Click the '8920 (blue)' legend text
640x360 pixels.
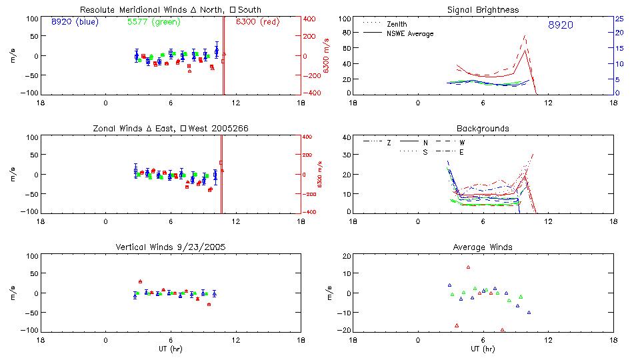(74, 21)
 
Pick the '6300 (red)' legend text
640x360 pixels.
(258, 21)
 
